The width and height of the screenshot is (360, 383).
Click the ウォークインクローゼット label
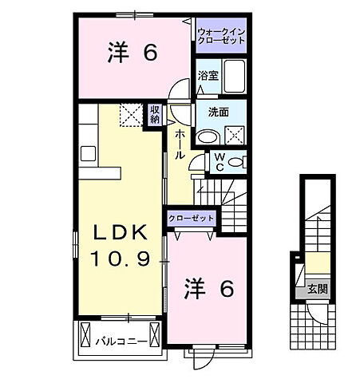point(222,35)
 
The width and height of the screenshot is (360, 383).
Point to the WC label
point(218,161)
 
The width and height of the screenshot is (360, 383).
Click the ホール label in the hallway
point(181,143)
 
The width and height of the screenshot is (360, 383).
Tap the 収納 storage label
point(155,115)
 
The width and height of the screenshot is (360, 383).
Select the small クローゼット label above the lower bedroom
point(192,218)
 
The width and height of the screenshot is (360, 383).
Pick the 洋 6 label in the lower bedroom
point(209,289)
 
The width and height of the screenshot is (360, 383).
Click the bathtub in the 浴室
point(235,77)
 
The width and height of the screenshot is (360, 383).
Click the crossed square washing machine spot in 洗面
point(235,134)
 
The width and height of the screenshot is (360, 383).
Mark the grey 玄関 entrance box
point(313,289)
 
